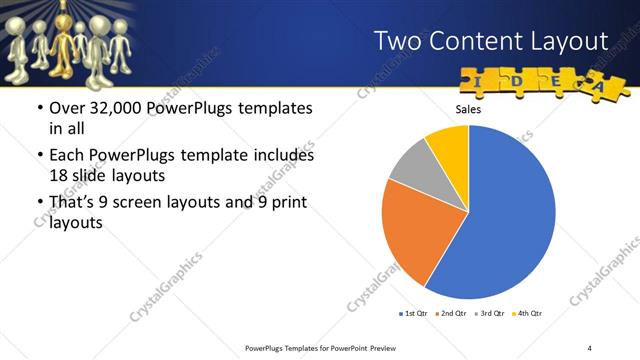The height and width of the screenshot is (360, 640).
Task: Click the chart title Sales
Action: tap(468, 110)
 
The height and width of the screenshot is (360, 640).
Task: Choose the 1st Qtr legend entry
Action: tap(413, 314)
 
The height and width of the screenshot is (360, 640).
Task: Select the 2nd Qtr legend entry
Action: tap(451, 314)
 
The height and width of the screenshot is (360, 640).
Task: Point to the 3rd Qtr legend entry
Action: tap(489, 314)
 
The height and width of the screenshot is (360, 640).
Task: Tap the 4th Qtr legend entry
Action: tap(527, 314)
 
